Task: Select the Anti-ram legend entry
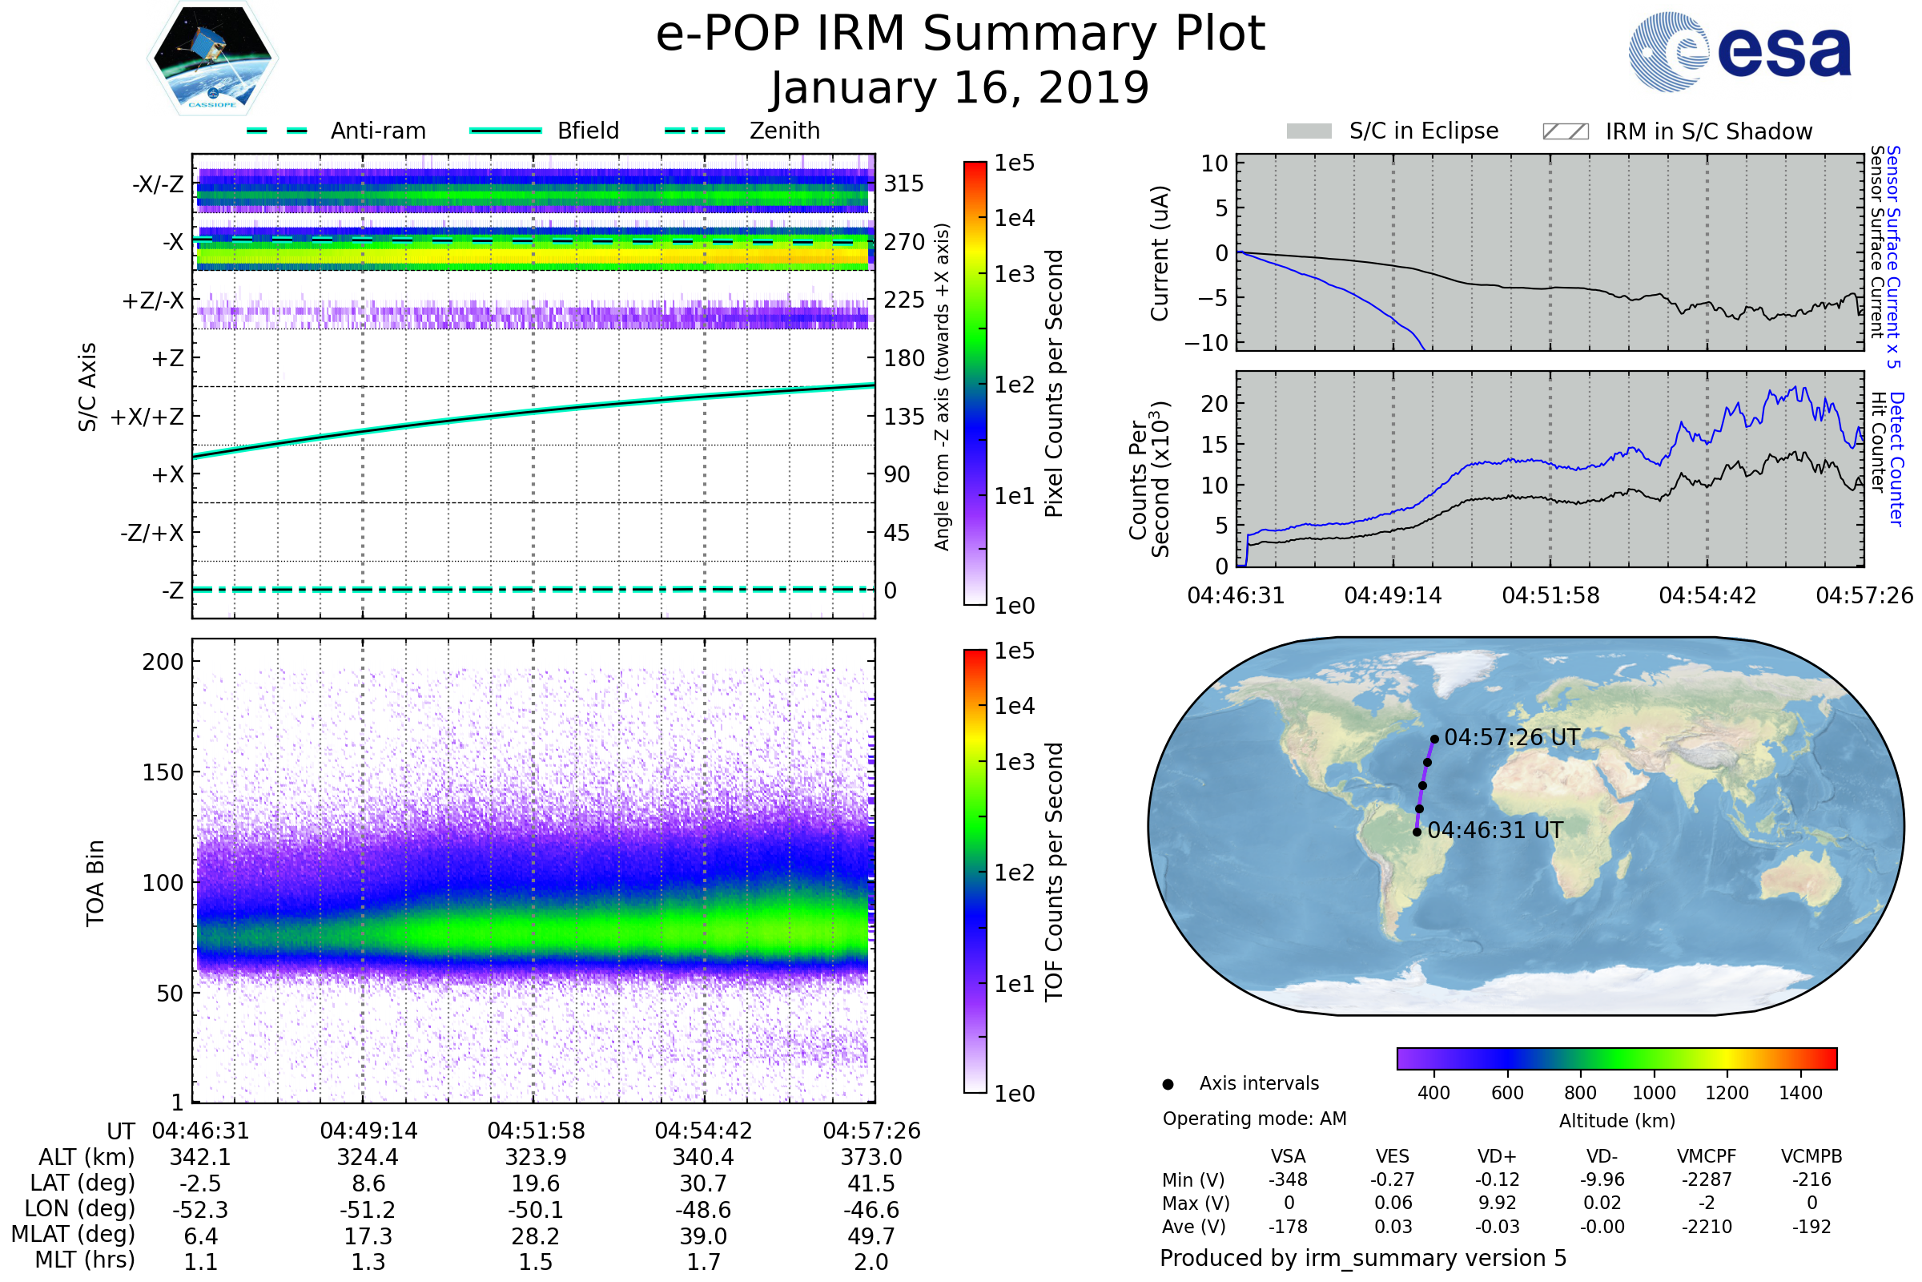377,131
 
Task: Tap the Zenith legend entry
784,131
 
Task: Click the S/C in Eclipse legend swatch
1309,131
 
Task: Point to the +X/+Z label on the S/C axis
147,417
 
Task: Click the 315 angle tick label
903,183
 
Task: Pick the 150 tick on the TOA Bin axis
163,772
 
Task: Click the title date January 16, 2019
960,88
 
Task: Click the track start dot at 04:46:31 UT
1417,832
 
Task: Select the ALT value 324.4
368,1157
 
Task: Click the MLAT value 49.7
871,1236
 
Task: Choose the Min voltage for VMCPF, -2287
1707,1179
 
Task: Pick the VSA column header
1288,1156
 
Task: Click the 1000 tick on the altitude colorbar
1654,1093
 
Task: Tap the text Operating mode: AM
1254,1119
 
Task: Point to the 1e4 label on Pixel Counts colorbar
1014,218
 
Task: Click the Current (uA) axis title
1160,253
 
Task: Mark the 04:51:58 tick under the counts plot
1550,595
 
